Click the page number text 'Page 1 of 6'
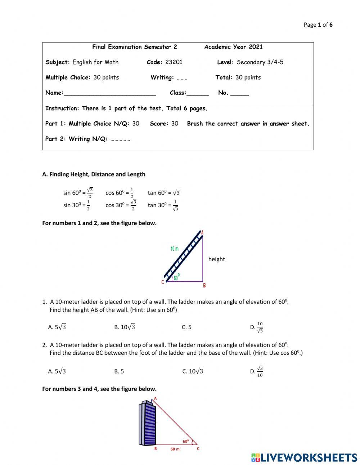click(318, 25)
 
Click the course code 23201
click(174, 62)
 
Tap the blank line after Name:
click(109, 93)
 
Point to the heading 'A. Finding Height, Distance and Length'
click(94, 174)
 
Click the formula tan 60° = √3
click(163, 193)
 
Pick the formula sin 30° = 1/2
click(77, 205)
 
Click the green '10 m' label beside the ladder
click(174, 249)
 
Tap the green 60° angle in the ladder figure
click(176, 277)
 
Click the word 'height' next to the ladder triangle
click(216, 259)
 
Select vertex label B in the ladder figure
click(204, 286)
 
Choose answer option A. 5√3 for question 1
click(57, 327)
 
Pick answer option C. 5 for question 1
click(186, 327)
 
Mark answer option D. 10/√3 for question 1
click(257, 327)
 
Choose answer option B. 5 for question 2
click(119, 371)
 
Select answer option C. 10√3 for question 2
click(193, 371)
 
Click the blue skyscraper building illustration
click(147, 423)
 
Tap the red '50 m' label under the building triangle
click(175, 449)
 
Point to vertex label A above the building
click(156, 398)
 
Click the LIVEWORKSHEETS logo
click(304, 457)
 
